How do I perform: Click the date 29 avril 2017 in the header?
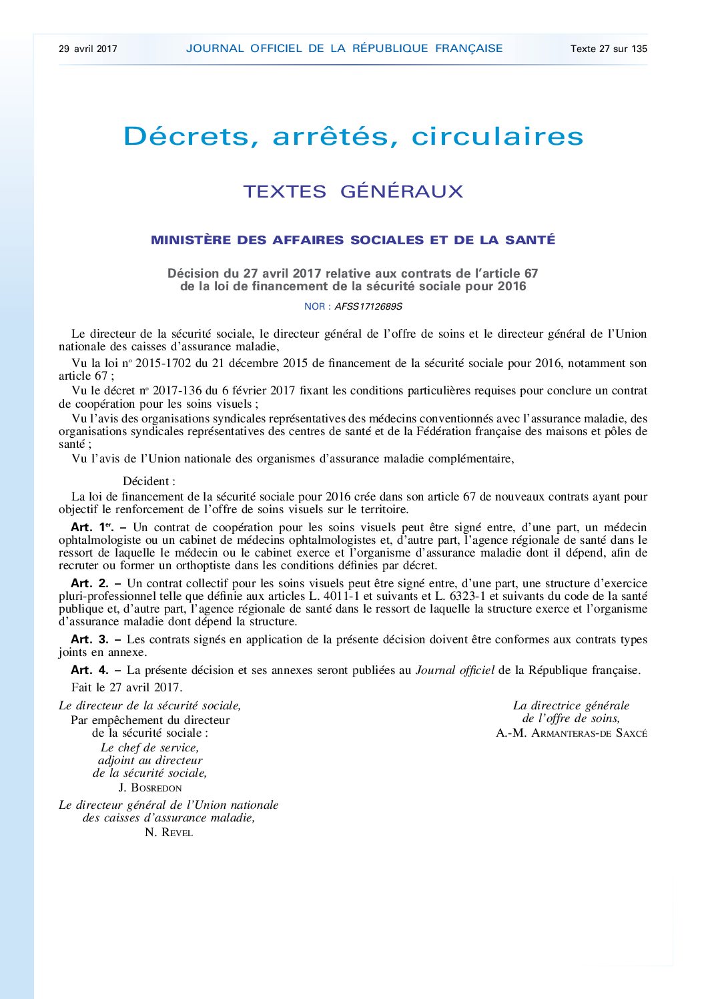pos(88,49)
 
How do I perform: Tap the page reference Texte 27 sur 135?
pos(609,49)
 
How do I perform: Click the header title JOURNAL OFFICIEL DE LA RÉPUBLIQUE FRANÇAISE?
pos(344,48)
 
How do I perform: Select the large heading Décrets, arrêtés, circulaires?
pos(354,136)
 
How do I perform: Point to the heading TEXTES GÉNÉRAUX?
pos(353,192)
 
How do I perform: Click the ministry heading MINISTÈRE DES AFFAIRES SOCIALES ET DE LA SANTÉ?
pos(353,240)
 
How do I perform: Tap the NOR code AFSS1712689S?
pos(368,307)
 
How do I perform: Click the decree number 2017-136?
pos(177,390)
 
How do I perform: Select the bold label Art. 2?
pos(89,583)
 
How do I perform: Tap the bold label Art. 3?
pos(89,639)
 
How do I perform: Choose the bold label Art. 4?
pos(89,670)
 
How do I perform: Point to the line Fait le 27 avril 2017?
pos(127,687)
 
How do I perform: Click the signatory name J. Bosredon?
pos(150,787)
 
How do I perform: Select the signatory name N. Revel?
pos(169,832)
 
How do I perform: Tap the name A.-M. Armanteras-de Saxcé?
pos(571,733)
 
